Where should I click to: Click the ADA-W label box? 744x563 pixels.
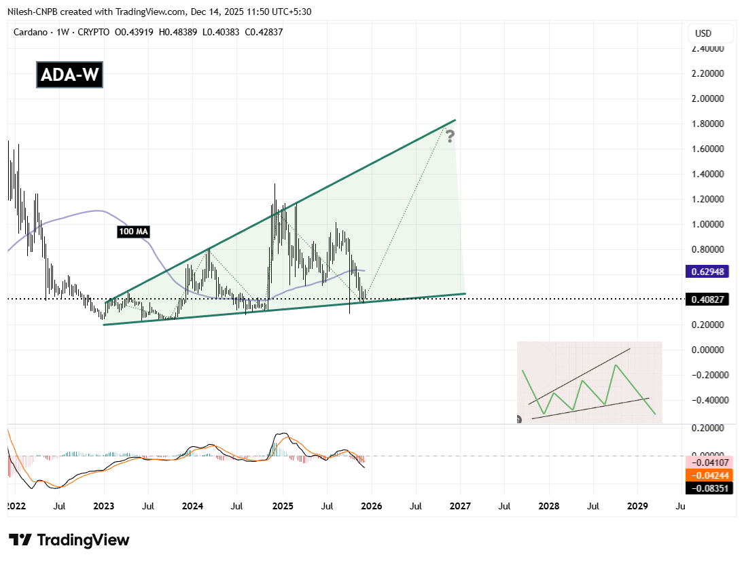click(70, 75)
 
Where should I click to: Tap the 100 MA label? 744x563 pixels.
click(132, 232)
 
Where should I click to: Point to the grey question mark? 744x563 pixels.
click(449, 137)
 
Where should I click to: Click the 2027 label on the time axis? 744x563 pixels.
click(460, 507)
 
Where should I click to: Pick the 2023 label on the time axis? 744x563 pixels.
click(104, 507)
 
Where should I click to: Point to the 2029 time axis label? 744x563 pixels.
click(637, 507)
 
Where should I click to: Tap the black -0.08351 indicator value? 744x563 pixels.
click(709, 488)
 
